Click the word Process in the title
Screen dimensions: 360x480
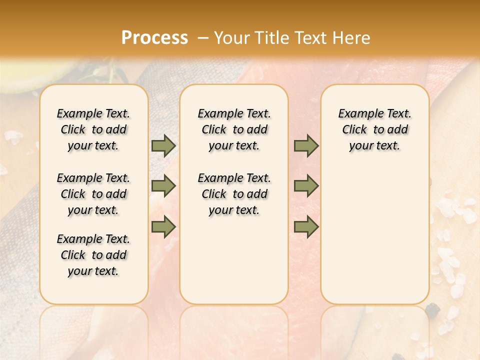pyautogui.click(x=154, y=37)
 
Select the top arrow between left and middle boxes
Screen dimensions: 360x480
pyautogui.click(x=163, y=145)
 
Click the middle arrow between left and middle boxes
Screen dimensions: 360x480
pyautogui.click(x=163, y=186)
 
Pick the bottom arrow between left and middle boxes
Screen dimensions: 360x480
pyautogui.click(x=163, y=227)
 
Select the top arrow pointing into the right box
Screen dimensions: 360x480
pyautogui.click(x=306, y=145)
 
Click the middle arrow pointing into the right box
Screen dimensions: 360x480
pyautogui.click(x=306, y=186)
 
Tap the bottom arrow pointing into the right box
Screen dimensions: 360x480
pyautogui.click(x=306, y=227)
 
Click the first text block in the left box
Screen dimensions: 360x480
pyautogui.click(x=93, y=129)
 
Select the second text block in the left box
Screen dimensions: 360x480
pyautogui.click(x=93, y=194)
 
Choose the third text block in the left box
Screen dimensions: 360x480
pyautogui.click(x=93, y=255)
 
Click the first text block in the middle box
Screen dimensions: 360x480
pyautogui.click(x=234, y=129)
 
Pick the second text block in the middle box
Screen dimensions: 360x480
pyautogui.click(x=234, y=194)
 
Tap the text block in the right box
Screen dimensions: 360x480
pyautogui.click(x=374, y=129)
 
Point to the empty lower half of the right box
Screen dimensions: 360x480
pyautogui.click(x=374, y=240)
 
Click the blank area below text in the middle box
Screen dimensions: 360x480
pyautogui.click(x=234, y=260)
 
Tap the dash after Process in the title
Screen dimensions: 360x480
pyautogui.click(x=202, y=37)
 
